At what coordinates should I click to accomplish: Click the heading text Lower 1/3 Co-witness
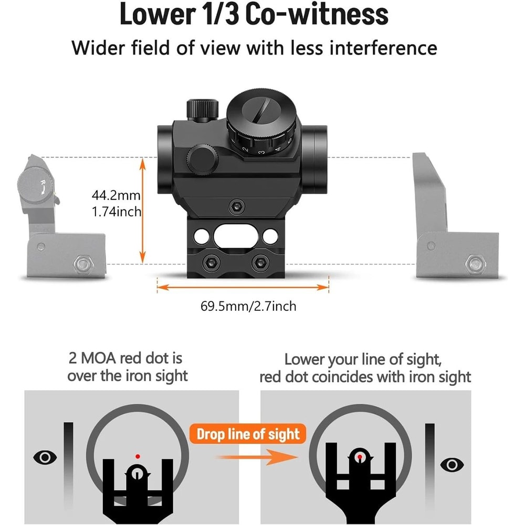254,15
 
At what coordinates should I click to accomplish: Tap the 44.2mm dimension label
115,196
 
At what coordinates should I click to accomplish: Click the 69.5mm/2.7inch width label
248,306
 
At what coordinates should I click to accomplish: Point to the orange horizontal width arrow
243,287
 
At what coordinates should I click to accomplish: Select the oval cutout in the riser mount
242,233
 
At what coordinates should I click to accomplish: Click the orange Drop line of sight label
248,434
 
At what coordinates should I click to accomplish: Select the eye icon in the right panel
451,464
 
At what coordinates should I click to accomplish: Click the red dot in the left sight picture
138,456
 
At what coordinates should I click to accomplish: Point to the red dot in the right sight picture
360,457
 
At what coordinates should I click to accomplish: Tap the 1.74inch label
116,212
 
